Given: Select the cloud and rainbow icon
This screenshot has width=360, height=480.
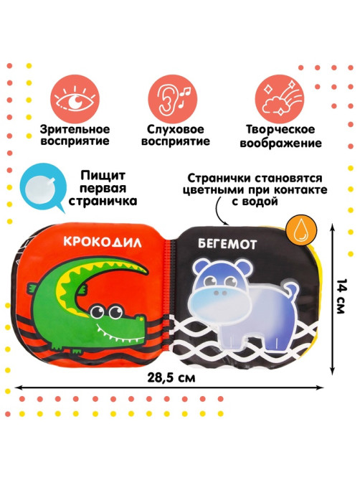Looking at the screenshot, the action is tap(280, 98).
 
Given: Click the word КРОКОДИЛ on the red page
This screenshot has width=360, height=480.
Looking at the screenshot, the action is tap(103, 242).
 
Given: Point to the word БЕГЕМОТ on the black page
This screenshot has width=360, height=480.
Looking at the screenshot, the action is tap(227, 244).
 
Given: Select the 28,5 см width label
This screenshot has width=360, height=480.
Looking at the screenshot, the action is tap(171, 377).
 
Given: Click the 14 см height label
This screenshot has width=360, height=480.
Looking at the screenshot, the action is tap(341, 296).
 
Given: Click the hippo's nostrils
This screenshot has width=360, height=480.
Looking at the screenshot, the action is tap(220, 293).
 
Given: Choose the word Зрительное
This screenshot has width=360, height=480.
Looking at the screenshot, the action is tap(75, 129).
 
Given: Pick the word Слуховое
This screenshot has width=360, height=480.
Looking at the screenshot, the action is tap(175, 129).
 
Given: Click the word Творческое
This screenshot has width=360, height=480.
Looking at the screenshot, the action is tap(280, 129).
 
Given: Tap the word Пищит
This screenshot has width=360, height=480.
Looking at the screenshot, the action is tap(103, 176).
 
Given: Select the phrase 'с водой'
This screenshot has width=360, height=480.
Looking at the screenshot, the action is tap(255, 202).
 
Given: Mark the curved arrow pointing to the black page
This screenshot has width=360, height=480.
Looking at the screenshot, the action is tap(218, 211).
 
